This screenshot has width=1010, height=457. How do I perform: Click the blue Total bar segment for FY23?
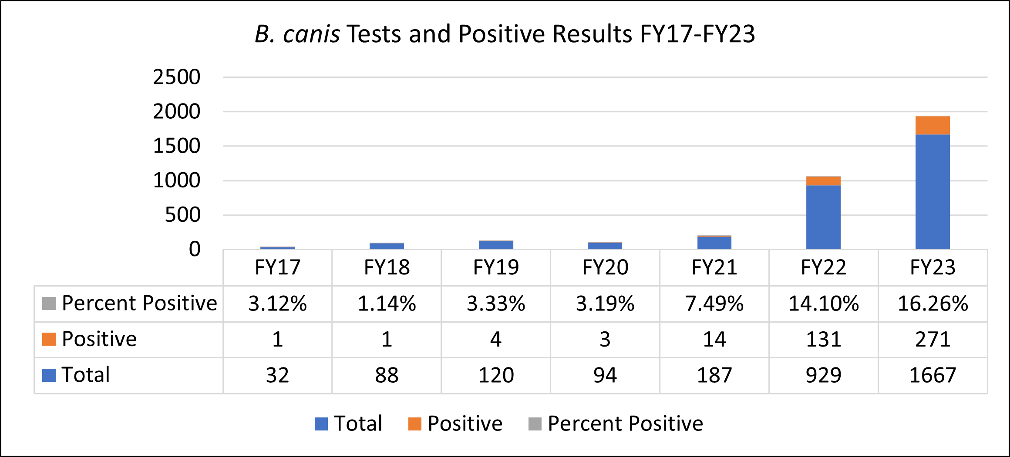pos(933,191)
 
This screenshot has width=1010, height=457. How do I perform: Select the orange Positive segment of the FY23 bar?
pos(933,125)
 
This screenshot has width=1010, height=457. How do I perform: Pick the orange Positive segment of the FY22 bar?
pos(823,181)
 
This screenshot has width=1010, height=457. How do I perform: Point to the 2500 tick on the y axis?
pos(177,77)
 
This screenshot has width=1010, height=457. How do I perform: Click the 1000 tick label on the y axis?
pos(177,180)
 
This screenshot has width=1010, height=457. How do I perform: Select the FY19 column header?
pos(496,267)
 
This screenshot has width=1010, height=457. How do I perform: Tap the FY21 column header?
pos(714,267)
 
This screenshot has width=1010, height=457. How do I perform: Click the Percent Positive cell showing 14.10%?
pos(823,304)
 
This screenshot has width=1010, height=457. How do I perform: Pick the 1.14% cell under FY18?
pos(387,304)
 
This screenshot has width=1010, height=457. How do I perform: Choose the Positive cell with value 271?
pos(933,339)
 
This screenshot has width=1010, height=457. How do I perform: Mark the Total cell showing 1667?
pos(933,375)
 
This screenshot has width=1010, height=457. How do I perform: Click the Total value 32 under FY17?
pos(277,375)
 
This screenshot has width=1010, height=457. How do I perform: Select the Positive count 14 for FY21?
pos(714,339)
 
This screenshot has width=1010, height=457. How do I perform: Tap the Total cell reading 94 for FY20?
pos(605,375)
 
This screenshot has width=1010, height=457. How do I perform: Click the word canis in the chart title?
pos(311,34)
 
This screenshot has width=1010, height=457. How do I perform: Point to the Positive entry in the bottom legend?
pos(465,424)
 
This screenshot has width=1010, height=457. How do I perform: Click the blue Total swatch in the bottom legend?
pos(321,424)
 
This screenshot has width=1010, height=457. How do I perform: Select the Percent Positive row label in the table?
pos(139,303)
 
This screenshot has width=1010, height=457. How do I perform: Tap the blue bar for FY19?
pos(496,245)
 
